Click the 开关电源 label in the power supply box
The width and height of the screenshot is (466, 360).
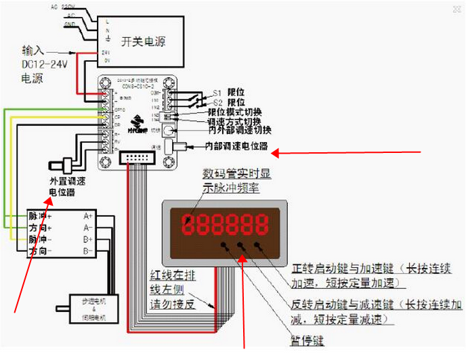143,40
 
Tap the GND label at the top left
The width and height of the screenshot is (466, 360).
68,23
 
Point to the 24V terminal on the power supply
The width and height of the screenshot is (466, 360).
106,52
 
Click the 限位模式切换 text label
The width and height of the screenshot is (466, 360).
235,112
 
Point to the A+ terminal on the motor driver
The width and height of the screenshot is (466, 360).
88,216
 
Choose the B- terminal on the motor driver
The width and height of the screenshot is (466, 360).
88,252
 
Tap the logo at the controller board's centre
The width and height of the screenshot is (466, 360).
140,122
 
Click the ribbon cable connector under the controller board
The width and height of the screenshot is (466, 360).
137,158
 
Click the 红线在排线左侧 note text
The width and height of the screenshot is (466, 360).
173,289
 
